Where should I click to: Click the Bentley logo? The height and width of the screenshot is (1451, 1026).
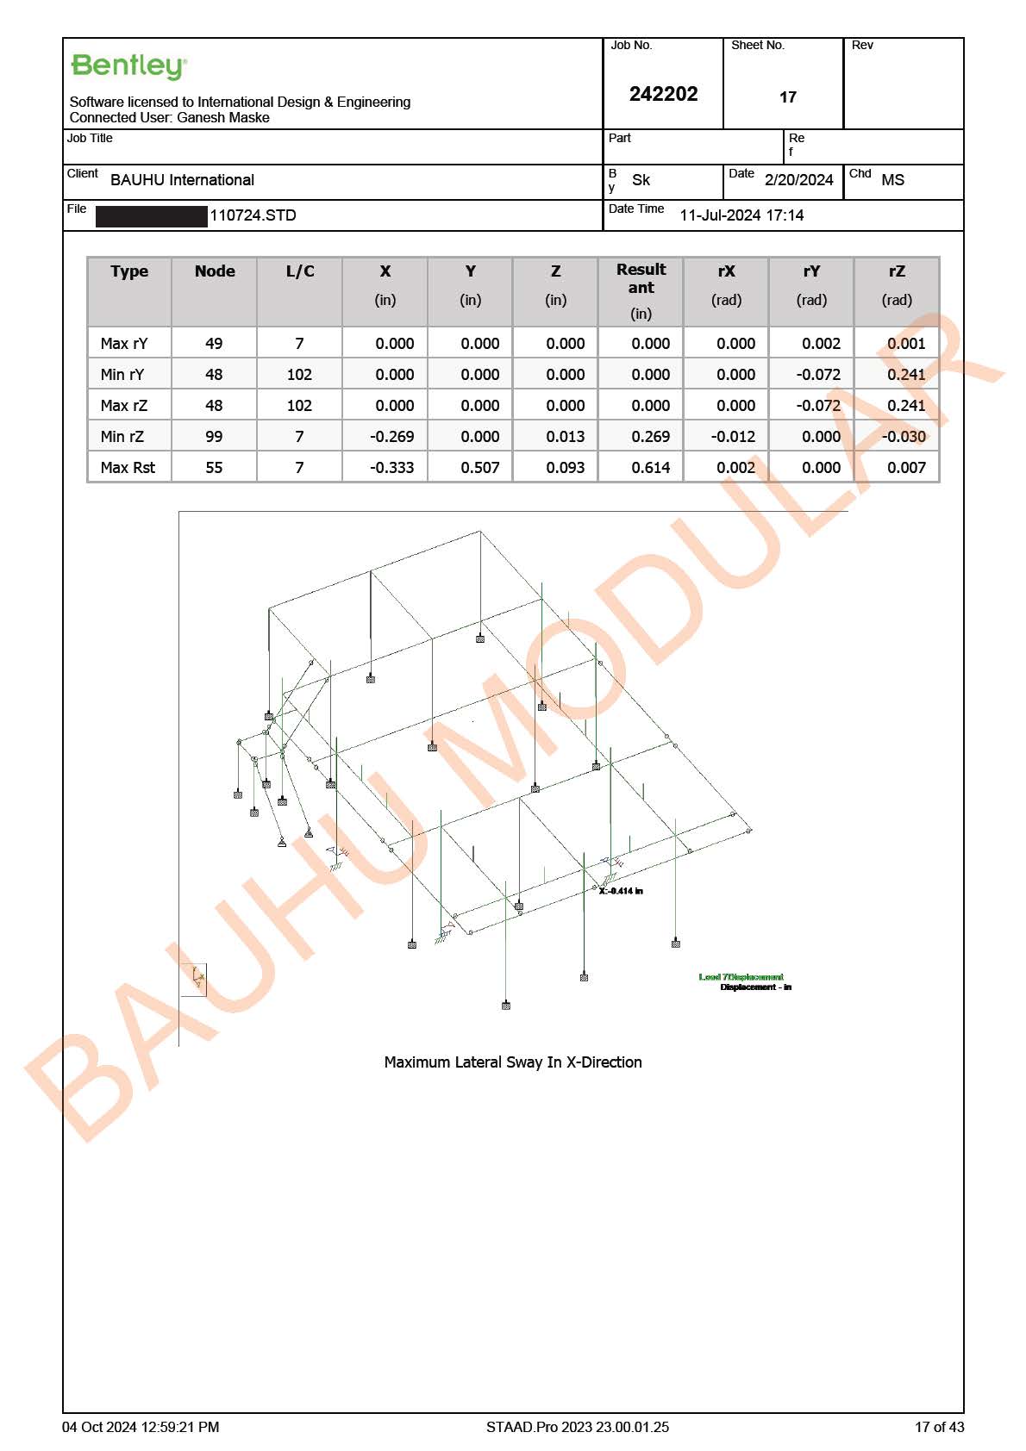pos(128,65)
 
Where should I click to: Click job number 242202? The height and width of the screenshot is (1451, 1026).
pos(663,94)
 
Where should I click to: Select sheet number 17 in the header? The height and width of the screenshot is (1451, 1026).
pos(787,97)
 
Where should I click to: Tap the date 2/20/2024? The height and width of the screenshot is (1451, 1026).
pos(798,180)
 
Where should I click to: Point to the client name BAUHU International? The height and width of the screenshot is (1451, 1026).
pos(182,180)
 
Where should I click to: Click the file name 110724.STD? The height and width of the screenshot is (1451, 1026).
pos(253,215)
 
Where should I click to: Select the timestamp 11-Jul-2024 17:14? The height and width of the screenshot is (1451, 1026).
pos(741,215)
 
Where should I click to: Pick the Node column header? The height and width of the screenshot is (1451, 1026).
pos(215,271)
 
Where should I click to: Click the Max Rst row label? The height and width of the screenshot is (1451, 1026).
pos(128,468)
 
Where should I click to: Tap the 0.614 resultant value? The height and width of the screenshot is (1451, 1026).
pos(650,468)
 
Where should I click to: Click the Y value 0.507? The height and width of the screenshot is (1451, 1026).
pos(479,468)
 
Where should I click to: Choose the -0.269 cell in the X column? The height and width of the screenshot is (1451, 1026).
pos(391,437)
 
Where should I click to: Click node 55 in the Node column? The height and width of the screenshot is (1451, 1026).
pos(214,468)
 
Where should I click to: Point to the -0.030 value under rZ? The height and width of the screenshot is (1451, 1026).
pos(904,437)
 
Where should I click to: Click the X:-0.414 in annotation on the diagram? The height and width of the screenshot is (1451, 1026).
pos(621,891)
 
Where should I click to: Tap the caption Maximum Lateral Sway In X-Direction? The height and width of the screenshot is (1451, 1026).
pos(513,1062)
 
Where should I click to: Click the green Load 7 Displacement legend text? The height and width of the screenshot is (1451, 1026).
pos(741,977)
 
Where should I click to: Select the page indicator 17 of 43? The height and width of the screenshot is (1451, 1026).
pos(939,1427)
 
